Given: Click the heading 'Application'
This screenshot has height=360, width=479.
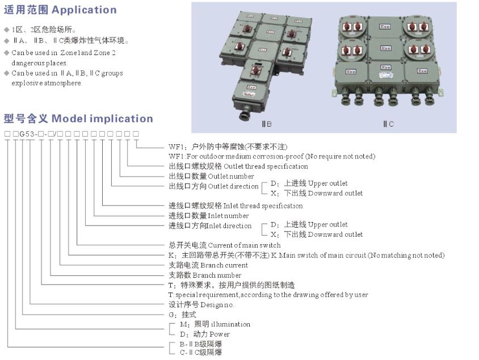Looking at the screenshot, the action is click(84, 10).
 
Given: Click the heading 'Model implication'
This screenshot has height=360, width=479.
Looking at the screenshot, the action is click(102, 119).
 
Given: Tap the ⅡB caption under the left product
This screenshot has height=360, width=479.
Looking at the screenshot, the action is click(267, 124).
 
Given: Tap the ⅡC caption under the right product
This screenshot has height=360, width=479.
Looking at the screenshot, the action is click(388, 124).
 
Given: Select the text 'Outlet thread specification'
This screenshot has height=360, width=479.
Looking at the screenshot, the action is click(266, 166).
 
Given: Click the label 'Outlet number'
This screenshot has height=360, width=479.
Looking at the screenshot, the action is click(231, 177).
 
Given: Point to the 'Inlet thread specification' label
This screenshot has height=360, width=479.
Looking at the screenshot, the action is click(263, 206).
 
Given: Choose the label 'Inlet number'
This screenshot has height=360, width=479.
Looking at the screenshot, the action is click(228, 216).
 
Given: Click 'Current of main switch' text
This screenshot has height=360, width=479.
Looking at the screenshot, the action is click(244, 245).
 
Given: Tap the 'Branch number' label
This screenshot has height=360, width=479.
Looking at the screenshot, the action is click(217, 275).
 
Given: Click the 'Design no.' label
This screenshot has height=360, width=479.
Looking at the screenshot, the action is click(217, 305).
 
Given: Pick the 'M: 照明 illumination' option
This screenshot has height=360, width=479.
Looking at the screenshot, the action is click(215, 324).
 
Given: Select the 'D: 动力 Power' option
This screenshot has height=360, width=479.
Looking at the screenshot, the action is click(205, 334).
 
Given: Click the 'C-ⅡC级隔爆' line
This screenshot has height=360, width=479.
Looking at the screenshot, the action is click(201, 353).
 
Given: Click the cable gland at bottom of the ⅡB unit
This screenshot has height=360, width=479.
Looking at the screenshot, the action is click(245, 115).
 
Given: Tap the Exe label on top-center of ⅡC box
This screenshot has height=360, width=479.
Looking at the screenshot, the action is click(385, 27).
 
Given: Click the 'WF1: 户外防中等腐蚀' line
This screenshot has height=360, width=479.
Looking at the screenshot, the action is click(228, 146).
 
